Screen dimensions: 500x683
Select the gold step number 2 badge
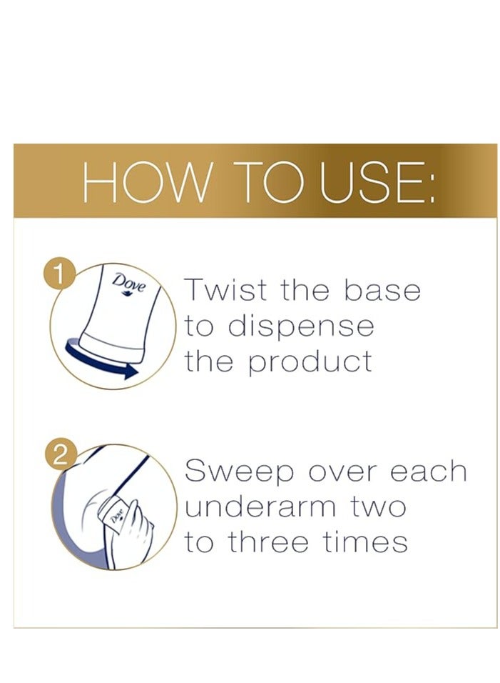tap(60, 457)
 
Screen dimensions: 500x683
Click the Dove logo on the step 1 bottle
tap(128, 284)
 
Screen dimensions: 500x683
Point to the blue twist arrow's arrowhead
tap(131, 372)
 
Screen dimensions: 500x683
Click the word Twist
tap(226, 289)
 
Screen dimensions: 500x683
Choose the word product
tap(310, 362)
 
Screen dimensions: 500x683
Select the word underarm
tap(260, 507)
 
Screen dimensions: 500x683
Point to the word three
tap(268, 542)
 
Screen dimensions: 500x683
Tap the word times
tap(364, 542)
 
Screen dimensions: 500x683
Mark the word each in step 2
tap(428, 471)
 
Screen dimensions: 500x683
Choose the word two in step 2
tap(377, 508)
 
